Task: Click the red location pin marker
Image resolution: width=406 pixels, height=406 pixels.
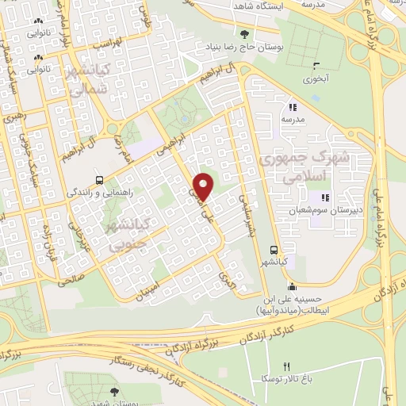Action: click(x=204, y=186)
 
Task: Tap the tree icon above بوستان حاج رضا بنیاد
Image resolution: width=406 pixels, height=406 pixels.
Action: click(x=245, y=33)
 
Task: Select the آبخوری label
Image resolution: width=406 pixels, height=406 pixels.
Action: click(x=318, y=79)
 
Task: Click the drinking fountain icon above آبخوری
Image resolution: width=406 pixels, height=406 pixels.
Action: click(x=317, y=65)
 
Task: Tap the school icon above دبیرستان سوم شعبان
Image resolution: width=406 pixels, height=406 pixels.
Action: click(x=324, y=197)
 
